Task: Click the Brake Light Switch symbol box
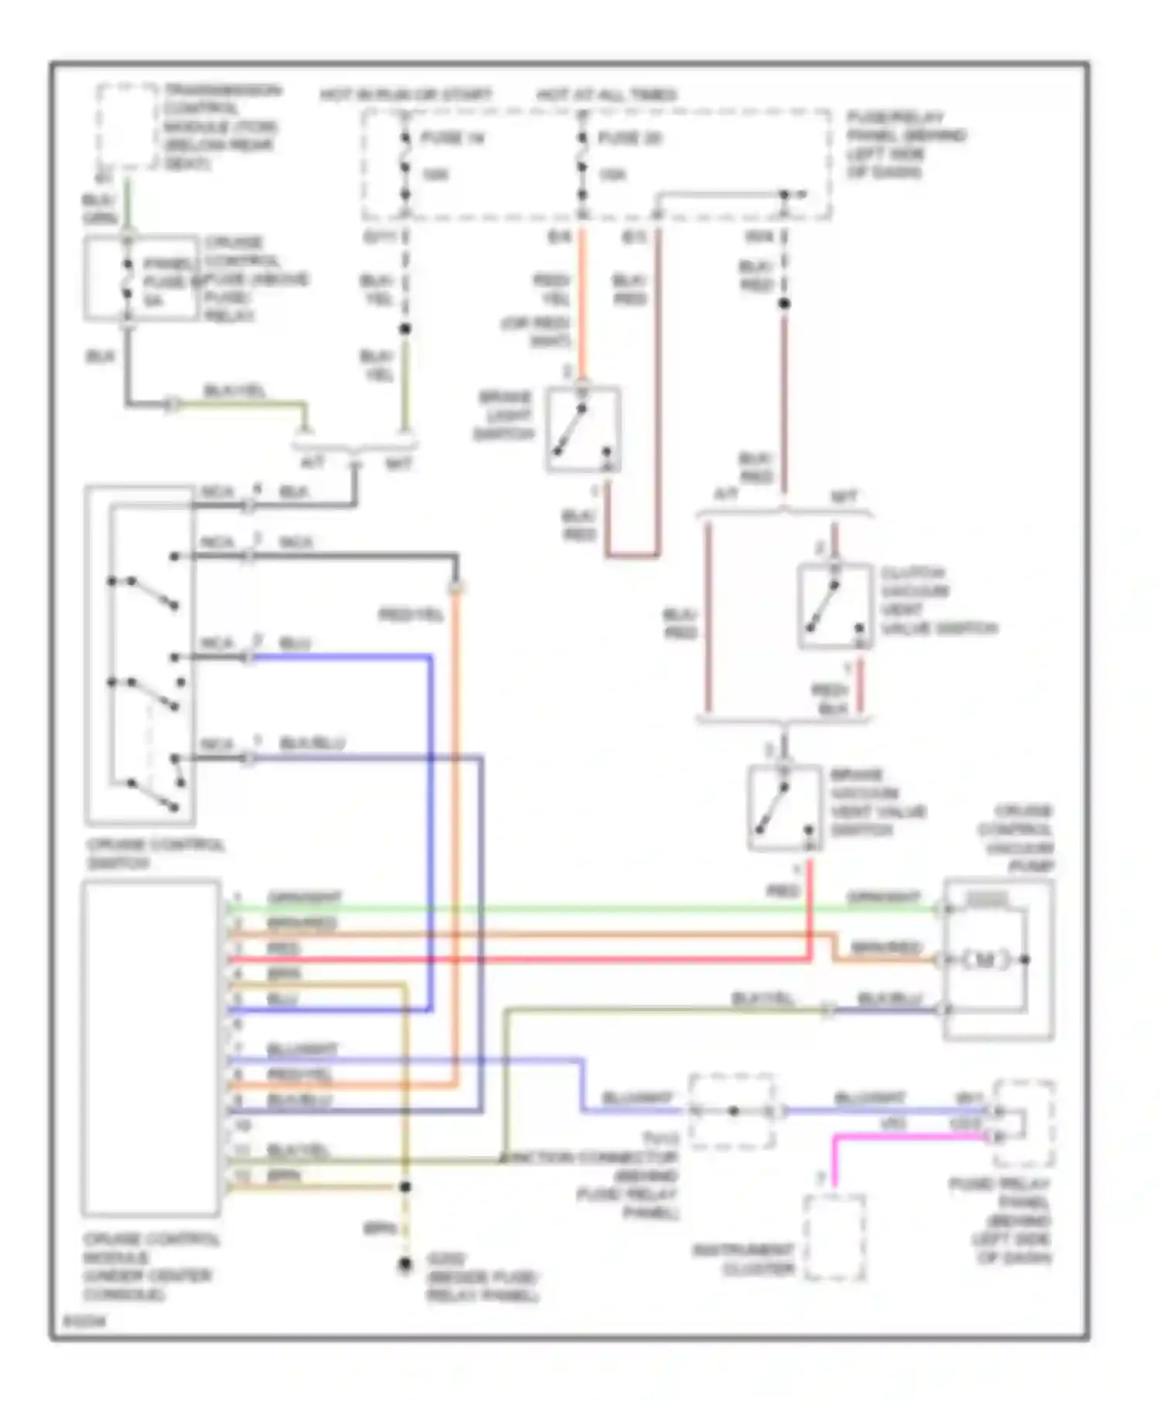point(583,429)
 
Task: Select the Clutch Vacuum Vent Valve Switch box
point(835,607)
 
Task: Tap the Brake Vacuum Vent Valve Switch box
point(784,808)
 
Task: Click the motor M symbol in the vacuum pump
point(984,960)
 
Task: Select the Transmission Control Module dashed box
point(126,126)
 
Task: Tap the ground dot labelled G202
point(404,1265)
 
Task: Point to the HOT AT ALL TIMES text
point(606,95)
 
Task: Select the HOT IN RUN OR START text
point(405,95)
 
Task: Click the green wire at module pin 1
point(541,909)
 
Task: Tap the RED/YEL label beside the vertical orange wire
point(411,615)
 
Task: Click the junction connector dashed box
point(731,1111)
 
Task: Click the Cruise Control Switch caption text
point(155,853)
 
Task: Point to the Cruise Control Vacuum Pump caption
point(1016,839)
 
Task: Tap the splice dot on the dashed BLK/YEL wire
point(404,329)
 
